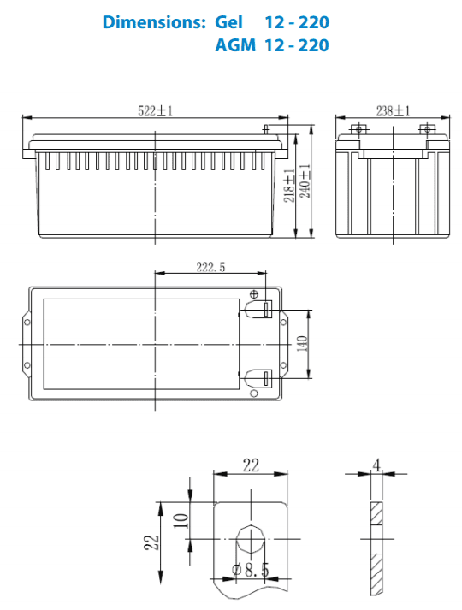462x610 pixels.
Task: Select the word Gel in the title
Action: point(230,22)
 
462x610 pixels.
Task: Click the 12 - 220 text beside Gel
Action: point(296,22)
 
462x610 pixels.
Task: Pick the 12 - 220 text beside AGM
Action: point(296,44)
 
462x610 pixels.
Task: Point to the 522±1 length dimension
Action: point(155,110)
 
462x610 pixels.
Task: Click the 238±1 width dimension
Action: point(393,110)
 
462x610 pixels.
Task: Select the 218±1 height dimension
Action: point(288,183)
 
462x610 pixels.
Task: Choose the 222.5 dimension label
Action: point(210,267)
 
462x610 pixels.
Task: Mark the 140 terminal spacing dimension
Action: point(301,342)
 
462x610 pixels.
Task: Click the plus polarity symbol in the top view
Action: point(253,293)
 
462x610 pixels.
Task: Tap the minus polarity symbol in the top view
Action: point(254,393)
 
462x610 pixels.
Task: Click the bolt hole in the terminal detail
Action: point(251,540)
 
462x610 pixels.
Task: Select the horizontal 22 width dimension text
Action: point(250,465)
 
